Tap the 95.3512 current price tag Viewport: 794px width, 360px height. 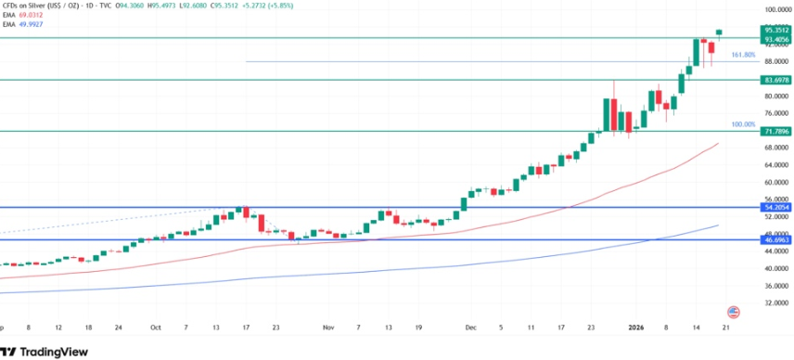pos(775,31)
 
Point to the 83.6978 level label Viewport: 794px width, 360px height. pos(775,80)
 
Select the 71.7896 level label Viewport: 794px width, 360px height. pos(775,131)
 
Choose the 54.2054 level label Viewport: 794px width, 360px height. pos(775,207)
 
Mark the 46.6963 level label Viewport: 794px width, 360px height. pos(775,239)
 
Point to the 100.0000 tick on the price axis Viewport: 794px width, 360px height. pos(775,9)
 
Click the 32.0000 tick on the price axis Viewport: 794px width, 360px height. pos(775,302)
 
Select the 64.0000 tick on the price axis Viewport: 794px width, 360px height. pos(775,165)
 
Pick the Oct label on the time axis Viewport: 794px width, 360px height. pos(156,328)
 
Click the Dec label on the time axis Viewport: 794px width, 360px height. pos(470,328)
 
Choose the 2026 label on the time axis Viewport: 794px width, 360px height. pos(636,328)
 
